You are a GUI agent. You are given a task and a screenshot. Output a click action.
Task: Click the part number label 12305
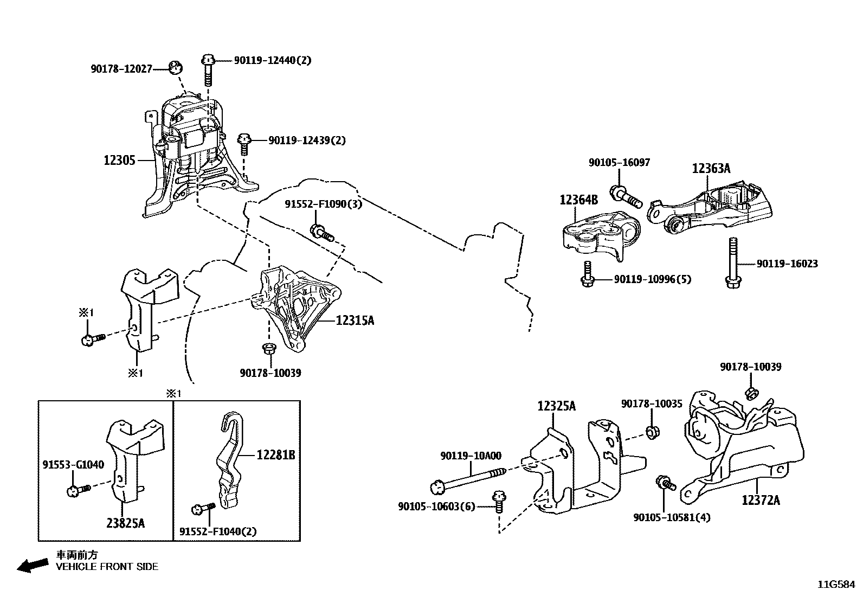coord(120,161)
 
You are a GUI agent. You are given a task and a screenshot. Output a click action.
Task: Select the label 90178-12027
coord(121,69)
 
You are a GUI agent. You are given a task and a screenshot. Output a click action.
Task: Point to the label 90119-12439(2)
coord(307,140)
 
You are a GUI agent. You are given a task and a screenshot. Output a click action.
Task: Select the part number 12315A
coord(355,321)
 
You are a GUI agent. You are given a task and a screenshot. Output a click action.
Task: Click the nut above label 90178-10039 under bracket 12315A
coord(267,348)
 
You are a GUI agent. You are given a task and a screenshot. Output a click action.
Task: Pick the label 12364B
coord(579,200)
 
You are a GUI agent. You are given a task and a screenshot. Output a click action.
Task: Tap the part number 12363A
coord(711,169)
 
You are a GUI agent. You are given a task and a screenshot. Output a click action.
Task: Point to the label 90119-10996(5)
coord(653,279)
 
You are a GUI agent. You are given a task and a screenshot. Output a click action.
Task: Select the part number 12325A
coord(557,406)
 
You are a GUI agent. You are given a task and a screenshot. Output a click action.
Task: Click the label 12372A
coord(761,500)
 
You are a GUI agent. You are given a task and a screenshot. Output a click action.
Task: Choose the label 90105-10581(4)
coord(671,517)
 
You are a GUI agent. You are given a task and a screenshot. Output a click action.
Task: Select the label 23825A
coord(125,523)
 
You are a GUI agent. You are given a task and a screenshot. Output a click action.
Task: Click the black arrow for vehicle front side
coord(32,566)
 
